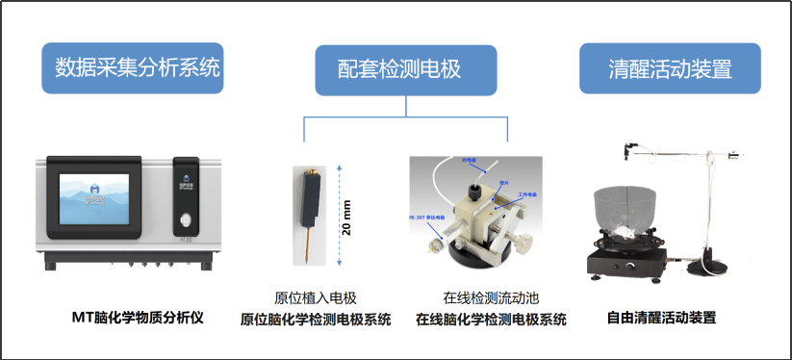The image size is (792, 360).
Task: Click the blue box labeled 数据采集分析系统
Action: coord(132,67)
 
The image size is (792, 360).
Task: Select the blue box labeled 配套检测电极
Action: coord(405,69)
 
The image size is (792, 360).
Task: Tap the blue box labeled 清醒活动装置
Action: coord(670,69)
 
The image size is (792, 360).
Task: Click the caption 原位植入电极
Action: coord(316,298)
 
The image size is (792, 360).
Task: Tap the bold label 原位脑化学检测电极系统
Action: coord(316,320)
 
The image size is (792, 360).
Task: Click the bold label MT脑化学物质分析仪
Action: coord(139,317)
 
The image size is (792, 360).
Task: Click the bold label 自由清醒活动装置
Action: coord(661,317)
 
